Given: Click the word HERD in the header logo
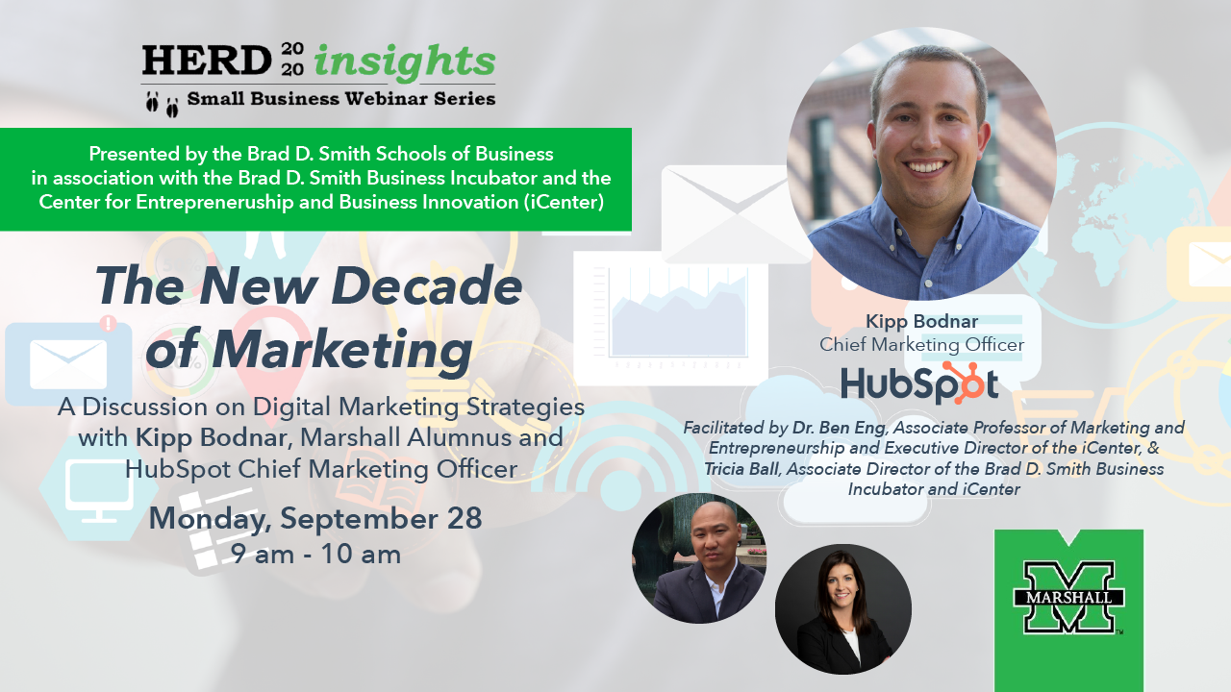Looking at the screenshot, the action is [207, 60].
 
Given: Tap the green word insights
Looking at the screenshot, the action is [405, 62].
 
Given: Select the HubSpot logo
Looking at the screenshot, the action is [920, 383].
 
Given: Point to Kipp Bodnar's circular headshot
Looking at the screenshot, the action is [922, 163].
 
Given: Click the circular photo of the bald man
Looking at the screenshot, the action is [699, 558].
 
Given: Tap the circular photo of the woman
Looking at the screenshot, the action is [843, 609].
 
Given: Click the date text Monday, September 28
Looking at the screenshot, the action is [315, 519].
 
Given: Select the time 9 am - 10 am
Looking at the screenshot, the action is [316, 554].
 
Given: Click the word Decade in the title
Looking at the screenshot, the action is [426, 285].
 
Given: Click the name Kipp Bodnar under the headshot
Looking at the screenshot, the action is [921, 321].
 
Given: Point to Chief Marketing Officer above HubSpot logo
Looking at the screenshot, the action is [921, 344].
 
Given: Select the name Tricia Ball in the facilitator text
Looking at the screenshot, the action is [741, 468].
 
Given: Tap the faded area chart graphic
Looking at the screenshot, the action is [678, 316].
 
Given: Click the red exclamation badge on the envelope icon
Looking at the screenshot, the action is [109, 324].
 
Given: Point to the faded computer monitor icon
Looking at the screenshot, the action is [99, 491].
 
